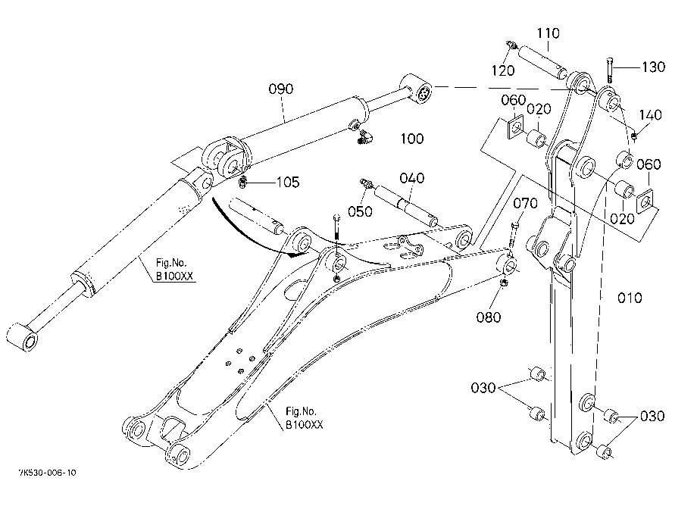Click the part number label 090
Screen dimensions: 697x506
pos(280,89)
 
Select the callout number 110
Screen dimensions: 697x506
pos(548,33)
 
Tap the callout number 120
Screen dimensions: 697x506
pos(503,70)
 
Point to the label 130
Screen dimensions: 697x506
pos(653,67)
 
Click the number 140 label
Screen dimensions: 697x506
pos(650,115)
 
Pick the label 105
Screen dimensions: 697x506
pos(288,182)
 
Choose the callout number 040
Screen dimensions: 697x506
pos(412,179)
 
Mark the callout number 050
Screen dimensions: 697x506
pos(360,211)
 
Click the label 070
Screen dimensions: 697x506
pos(526,204)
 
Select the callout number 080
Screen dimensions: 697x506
pos(489,317)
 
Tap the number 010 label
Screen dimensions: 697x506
pos(630,298)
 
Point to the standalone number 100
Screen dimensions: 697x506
pos(412,139)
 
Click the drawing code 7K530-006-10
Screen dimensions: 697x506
pos(48,472)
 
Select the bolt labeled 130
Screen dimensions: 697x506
pos(609,70)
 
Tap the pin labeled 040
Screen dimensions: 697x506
pos(406,205)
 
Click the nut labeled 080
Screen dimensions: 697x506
pos(504,283)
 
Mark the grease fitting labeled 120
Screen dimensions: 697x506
pos(511,45)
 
